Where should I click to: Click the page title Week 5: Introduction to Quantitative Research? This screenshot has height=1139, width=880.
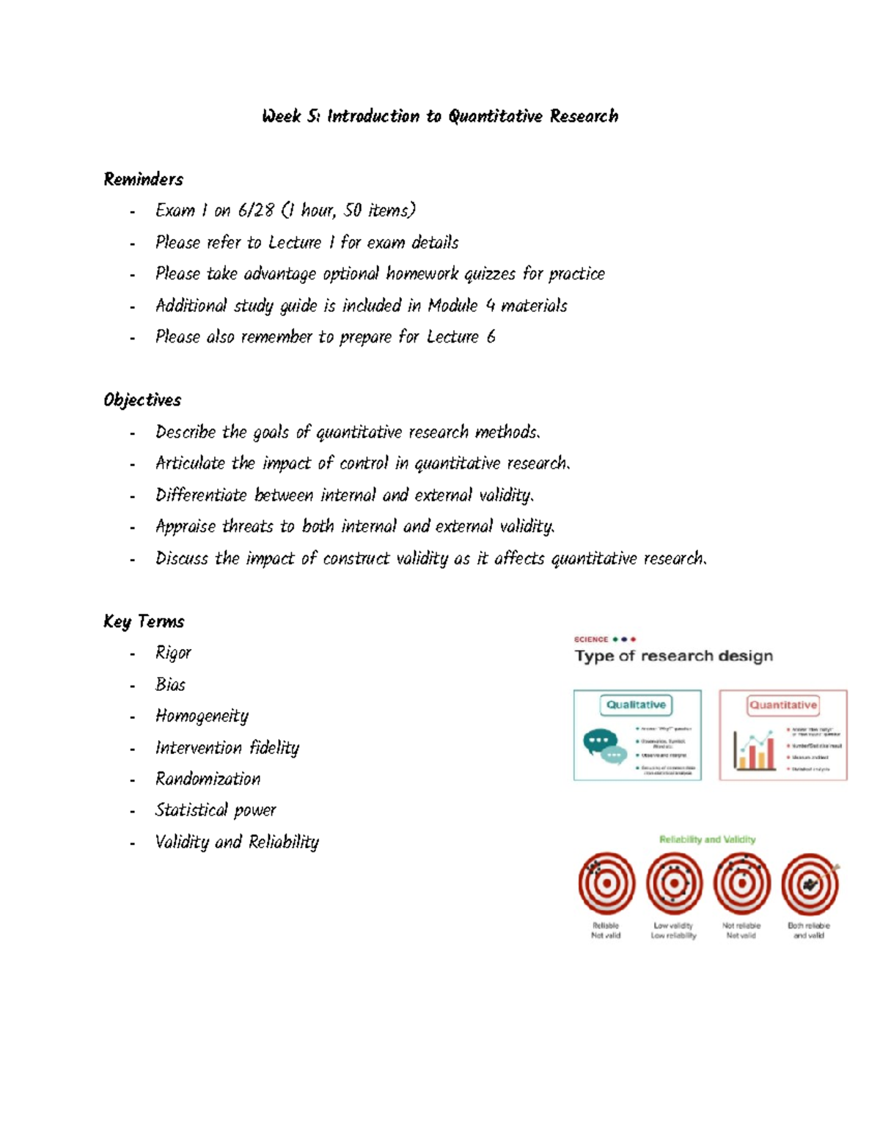440,116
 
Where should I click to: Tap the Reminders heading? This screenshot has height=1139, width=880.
143,179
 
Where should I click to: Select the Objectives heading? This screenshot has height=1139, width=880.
142,400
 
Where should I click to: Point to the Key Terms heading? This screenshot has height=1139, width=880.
144,621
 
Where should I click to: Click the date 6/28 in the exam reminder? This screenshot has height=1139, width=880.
256,210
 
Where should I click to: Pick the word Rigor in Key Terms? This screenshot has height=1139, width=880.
173,653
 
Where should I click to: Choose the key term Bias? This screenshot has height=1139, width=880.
170,684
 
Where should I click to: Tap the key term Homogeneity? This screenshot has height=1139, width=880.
202,716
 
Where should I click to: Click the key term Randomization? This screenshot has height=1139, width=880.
208,779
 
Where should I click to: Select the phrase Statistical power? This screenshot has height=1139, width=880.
216,810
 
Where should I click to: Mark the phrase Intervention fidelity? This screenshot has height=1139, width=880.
227,747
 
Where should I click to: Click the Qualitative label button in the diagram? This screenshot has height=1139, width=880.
636,705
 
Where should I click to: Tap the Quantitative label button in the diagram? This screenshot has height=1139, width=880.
782,705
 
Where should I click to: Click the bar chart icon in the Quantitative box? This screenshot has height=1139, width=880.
754,750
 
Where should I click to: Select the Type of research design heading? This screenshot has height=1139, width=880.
673,656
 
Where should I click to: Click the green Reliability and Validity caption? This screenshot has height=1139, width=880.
707,839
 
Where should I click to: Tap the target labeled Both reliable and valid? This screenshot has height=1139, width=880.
810,884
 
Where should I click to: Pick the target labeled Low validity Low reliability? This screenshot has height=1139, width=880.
674,884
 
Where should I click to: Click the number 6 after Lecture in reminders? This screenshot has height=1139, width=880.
491,337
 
